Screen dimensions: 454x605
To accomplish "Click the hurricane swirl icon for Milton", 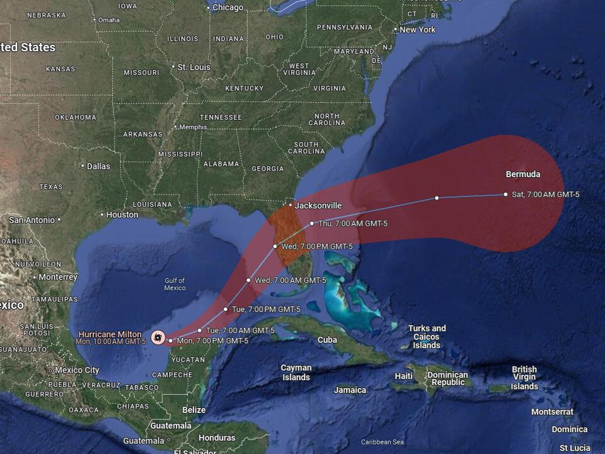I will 157,337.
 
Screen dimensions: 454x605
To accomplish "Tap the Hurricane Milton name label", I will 110,334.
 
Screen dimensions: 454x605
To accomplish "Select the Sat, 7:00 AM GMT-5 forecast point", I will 505,194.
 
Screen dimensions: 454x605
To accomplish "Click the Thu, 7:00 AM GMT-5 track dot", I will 312,223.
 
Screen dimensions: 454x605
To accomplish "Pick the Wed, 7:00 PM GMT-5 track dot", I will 275,246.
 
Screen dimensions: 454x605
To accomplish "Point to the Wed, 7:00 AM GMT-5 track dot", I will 248,280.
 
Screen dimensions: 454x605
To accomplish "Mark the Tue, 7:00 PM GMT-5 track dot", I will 226,309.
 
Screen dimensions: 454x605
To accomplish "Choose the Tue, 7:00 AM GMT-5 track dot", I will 200,330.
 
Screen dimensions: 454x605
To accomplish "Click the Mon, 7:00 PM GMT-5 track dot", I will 170,340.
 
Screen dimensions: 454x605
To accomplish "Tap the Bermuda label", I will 522,175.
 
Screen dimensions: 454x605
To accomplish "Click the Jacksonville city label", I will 318,206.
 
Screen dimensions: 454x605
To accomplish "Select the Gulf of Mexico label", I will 175,284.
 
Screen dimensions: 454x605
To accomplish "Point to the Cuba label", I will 327,340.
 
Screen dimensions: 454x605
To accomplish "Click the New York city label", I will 417,30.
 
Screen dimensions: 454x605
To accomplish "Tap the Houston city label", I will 122,214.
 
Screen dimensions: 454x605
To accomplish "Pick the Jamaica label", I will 350,390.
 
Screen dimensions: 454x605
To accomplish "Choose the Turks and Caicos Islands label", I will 427,337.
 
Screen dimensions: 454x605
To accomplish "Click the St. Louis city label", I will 193,67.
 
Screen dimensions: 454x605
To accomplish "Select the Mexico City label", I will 76,370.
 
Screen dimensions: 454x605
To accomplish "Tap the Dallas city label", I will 98,166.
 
